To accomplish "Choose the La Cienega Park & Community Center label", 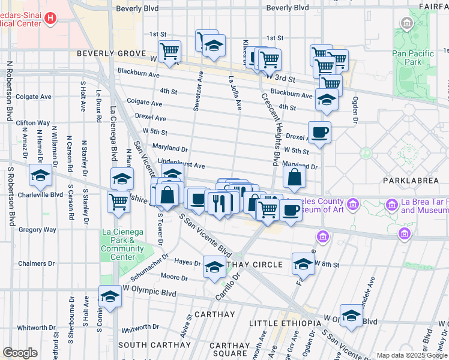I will click(122, 244).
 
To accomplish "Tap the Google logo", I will click(20, 352).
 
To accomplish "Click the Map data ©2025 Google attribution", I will click(412, 355).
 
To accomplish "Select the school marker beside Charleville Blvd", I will click(40, 175).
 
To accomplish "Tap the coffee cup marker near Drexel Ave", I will click(319, 132).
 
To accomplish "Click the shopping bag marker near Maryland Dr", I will click(294, 177).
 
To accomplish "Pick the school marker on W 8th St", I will click(303, 263).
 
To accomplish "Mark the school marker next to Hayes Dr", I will click(214, 267).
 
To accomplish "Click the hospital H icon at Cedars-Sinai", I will click(50, 19).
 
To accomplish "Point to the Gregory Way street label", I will click(37, 229).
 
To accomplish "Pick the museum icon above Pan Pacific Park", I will click(407, 24).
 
